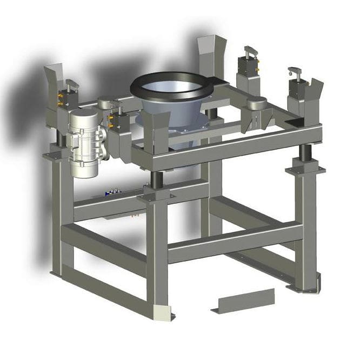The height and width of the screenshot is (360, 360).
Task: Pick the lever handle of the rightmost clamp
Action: click(x=295, y=71)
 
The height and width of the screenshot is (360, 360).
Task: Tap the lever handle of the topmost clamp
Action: click(x=249, y=51)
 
